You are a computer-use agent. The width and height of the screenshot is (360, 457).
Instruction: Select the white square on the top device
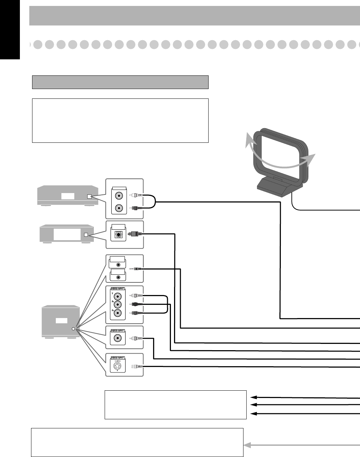[90, 197]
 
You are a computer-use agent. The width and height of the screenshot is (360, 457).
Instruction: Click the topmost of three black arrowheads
[254, 397]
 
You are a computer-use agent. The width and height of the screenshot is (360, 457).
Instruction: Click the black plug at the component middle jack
[135, 304]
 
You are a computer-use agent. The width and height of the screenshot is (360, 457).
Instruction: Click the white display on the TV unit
[61, 321]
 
